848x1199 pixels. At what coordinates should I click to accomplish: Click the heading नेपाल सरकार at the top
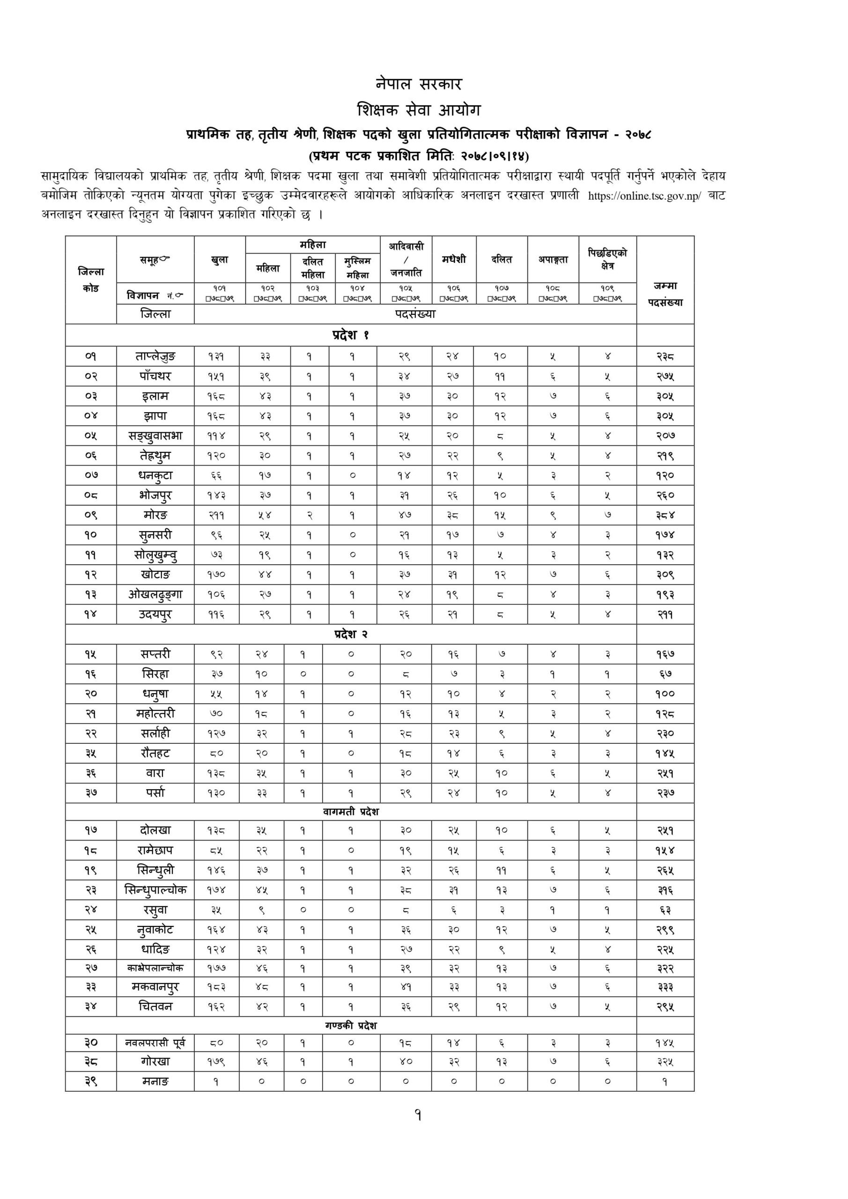pos(418,84)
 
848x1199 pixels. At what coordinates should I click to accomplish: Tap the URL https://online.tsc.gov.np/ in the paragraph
pos(645,196)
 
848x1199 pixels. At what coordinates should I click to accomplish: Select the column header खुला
pos(219,259)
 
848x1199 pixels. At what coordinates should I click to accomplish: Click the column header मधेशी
pos(453,259)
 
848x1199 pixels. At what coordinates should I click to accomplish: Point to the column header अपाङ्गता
pos(553,259)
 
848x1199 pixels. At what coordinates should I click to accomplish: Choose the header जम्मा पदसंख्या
pos(665,294)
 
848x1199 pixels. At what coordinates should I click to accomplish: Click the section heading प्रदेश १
pos(350,335)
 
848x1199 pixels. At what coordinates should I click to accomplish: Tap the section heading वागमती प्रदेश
pos(350,812)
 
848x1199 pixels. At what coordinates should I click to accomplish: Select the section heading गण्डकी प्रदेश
pos(350,1026)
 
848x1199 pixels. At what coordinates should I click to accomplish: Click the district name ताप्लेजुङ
pos(155,357)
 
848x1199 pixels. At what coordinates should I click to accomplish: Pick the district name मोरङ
pos(155,515)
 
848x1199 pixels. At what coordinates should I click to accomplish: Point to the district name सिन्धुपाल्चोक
pos(155,890)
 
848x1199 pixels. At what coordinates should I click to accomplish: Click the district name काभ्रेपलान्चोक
pos(155,968)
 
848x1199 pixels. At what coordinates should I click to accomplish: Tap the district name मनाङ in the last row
pos(155,1081)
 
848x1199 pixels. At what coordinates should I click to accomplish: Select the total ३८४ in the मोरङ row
pos(665,515)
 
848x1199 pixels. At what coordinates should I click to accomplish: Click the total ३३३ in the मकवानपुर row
pos(665,987)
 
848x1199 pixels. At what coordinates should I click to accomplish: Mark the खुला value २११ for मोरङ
pos(216,515)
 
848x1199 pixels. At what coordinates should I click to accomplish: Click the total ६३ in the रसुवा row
pos(665,910)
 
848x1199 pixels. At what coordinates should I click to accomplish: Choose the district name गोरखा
pos(155,1062)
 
